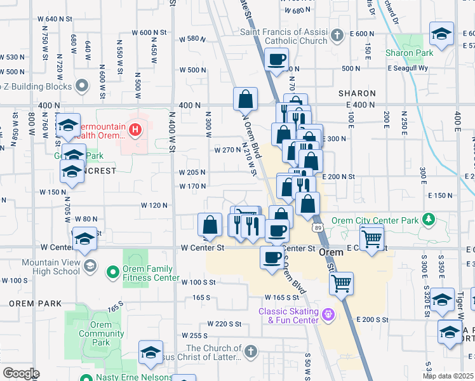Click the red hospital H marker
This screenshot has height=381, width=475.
pyautogui.click(x=135, y=130)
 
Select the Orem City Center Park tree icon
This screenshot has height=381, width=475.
pyautogui.click(x=429, y=219)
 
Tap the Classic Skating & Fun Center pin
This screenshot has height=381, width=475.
pyautogui.click(x=328, y=314)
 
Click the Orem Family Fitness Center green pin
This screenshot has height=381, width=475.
pyautogui.click(x=112, y=273)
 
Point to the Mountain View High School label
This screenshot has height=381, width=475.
pyautogui.click(x=51, y=267)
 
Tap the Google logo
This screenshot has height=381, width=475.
pyautogui.click(x=20, y=373)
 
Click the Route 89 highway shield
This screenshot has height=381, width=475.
pyautogui.click(x=316, y=227)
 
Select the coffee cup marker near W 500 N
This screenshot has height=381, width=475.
pyautogui.click(x=276, y=60)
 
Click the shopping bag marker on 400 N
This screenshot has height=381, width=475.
pyautogui.click(x=245, y=100)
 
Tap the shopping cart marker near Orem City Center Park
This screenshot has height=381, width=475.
pyautogui.click(x=371, y=239)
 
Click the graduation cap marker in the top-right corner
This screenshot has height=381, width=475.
pyautogui.click(x=441, y=33)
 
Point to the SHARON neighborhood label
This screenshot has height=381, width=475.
pyautogui.click(x=356, y=93)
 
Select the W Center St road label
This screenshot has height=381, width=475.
pyautogui.click(x=203, y=248)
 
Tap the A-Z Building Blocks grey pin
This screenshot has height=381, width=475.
pyautogui.click(x=82, y=85)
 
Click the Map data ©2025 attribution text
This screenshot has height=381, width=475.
pyautogui.click(x=448, y=376)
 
